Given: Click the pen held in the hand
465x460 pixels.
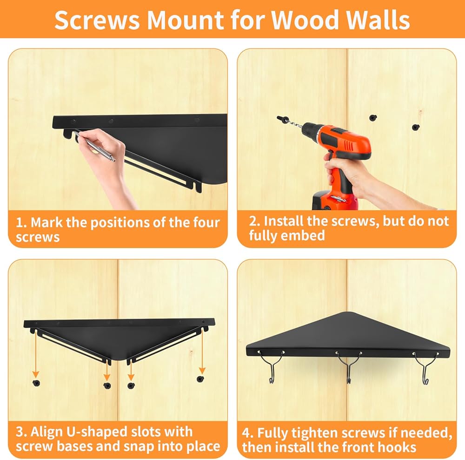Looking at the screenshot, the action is (x=94, y=147).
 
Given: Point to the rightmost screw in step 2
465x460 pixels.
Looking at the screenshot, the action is (x=416, y=127).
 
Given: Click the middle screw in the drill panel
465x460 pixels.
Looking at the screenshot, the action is (x=373, y=118).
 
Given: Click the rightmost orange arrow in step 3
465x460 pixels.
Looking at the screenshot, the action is (x=202, y=351).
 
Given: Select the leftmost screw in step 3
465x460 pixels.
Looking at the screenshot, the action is (x=36, y=383).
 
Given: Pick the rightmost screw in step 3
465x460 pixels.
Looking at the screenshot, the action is (x=200, y=379).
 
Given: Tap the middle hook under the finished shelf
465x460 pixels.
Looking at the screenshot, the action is (x=349, y=367).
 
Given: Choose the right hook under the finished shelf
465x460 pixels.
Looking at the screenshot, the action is (x=425, y=368).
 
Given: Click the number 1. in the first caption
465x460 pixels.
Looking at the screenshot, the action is (x=21, y=223).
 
